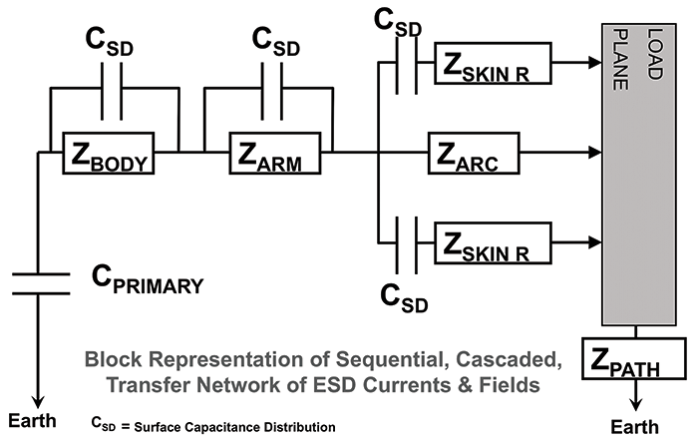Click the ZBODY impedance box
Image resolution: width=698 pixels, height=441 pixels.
tap(120, 153)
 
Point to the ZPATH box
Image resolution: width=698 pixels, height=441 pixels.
tap(636, 357)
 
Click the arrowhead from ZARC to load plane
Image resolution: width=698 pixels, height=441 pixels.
tap(596, 153)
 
